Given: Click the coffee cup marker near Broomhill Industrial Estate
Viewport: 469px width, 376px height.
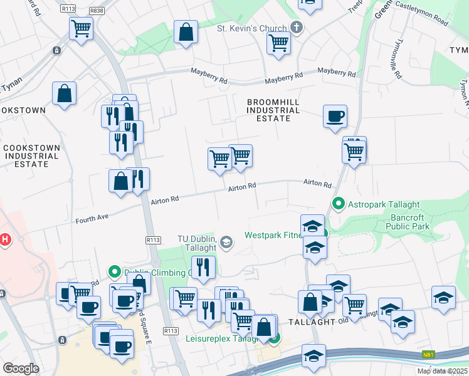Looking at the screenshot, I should point(335,116).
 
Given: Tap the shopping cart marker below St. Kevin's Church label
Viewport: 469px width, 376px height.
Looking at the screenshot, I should point(278,44).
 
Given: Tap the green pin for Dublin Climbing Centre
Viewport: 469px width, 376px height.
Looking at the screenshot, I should point(114,272).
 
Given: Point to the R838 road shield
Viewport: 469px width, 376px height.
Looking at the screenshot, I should point(97,10).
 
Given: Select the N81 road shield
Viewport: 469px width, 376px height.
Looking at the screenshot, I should point(428,354).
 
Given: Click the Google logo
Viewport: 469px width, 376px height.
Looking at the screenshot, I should point(21,368).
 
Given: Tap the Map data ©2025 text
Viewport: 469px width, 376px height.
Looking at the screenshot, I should point(441,371).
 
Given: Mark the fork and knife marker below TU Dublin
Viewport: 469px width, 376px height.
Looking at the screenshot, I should point(204,268).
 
